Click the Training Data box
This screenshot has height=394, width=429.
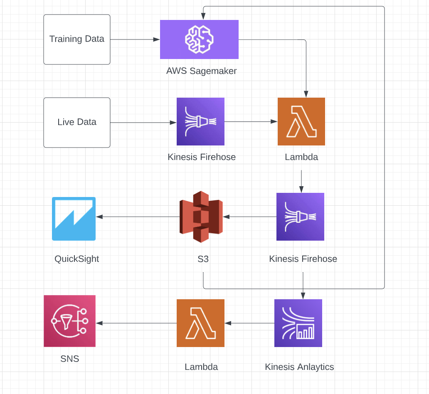(77, 39)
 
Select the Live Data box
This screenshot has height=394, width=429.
(77, 123)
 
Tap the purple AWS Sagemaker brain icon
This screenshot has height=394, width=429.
(199, 39)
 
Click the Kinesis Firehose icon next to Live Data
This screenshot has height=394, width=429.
(200, 121)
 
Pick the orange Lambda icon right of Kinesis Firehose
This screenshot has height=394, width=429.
(301, 121)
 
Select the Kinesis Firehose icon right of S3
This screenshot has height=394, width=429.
(300, 217)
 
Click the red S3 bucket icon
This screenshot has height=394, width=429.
(201, 217)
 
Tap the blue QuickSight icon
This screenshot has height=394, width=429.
(74, 219)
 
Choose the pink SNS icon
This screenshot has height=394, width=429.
(69, 321)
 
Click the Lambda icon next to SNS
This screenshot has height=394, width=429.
(200, 323)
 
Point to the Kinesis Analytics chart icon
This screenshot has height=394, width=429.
(298, 323)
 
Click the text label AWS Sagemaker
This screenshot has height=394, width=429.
(201, 71)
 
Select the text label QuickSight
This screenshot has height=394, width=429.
(77, 259)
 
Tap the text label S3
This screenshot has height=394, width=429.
(203, 259)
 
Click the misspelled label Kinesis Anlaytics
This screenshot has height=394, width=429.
(299, 367)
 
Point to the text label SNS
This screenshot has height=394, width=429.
(69, 358)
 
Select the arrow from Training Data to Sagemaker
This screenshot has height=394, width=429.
(135, 39)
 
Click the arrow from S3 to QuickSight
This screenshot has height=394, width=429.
(137, 217)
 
